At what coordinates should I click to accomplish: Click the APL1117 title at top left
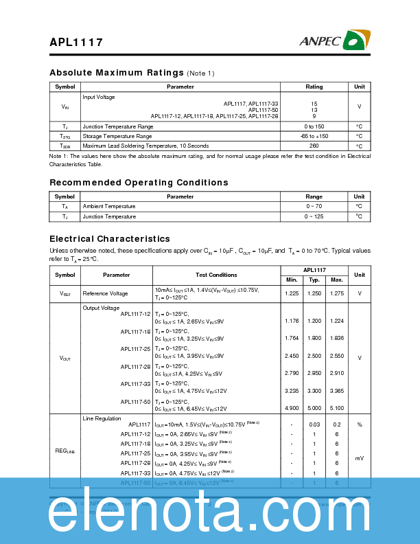pos(76,43)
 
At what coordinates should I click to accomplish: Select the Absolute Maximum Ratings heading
pos(117,73)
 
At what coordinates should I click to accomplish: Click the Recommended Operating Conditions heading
pos(139,183)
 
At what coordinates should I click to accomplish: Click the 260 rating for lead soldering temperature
pos(314,146)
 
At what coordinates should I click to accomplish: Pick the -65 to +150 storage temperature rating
pos(314,137)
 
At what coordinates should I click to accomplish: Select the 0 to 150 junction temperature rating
pos(314,127)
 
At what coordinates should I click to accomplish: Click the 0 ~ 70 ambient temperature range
pos(314,207)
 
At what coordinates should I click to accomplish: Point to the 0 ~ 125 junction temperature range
pos(314,217)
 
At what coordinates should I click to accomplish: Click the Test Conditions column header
pos(216,275)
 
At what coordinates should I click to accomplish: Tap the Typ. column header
pos(314,280)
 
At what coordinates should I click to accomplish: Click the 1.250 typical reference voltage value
pos(314,294)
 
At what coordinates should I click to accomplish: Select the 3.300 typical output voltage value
pos(314,391)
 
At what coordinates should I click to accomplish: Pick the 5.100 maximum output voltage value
pos(336,408)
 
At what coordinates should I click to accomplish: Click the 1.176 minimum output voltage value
pos(292,321)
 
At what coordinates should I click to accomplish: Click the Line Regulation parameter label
pos(102,418)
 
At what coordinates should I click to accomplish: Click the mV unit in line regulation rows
pos(359,457)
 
